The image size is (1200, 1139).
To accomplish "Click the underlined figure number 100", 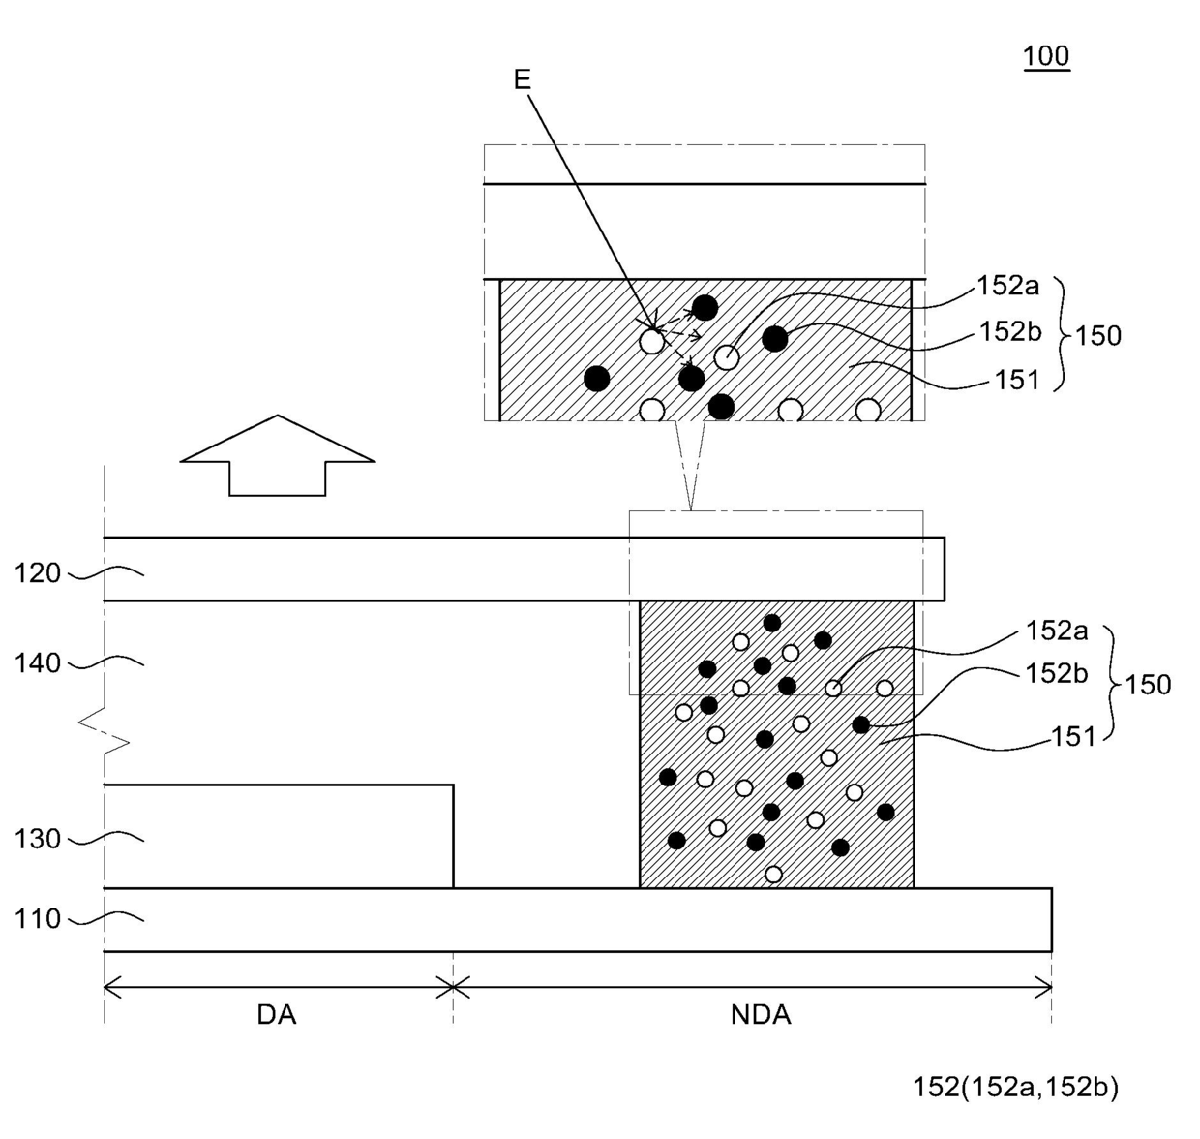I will click(1046, 56).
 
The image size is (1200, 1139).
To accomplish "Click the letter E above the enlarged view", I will click(523, 78).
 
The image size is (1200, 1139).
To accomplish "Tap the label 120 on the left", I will click(38, 573).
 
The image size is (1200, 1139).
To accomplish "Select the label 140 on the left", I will click(38, 663).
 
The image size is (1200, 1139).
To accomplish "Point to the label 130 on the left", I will click(38, 839).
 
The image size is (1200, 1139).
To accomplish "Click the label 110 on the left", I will click(38, 918).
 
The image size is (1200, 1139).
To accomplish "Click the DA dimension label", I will click(277, 1015).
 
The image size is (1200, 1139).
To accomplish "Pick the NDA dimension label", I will click(761, 1015).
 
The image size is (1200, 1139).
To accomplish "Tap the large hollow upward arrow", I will click(278, 456).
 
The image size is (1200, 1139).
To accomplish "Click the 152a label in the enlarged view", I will click(1007, 286).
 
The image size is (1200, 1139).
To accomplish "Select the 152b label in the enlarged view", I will click(1009, 331).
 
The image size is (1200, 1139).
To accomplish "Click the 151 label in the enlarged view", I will click(1016, 381).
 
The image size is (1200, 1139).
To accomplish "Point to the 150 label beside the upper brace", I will click(1098, 336).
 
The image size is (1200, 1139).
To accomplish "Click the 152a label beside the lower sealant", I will click(1057, 631).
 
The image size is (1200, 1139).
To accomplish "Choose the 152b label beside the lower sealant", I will click(1057, 673).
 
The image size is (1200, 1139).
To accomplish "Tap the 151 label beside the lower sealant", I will click(1073, 737).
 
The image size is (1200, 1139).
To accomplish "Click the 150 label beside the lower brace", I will click(1148, 685).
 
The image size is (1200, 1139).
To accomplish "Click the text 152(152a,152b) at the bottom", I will click(1015, 1088).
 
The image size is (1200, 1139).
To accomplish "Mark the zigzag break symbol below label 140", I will click(105, 732).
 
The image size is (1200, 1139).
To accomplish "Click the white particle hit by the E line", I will click(652, 341).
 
